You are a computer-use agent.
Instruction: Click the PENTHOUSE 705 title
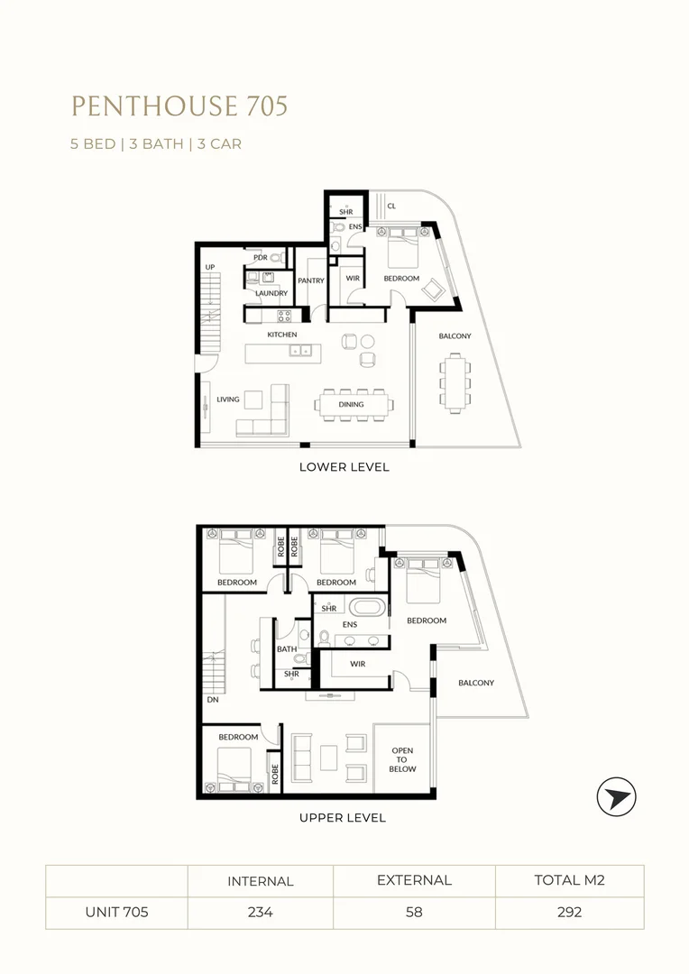tap(179, 106)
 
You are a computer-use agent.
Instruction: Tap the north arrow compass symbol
tap(617, 798)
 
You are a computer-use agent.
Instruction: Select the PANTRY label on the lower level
tap(311, 281)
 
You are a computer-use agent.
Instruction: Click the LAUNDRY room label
tap(271, 293)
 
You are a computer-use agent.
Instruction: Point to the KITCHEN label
tap(281, 335)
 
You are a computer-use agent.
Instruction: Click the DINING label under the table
tap(351, 405)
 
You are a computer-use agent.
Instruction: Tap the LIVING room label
tap(227, 400)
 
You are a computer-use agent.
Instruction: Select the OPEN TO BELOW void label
tap(402, 759)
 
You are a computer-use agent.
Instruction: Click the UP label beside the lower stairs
tap(210, 267)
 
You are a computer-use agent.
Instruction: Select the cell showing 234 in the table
tap(260, 912)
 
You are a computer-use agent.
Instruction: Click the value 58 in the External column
tap(414, 912)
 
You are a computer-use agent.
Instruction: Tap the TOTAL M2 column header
tap(569, 880)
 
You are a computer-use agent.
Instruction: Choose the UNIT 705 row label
tap(116, 912)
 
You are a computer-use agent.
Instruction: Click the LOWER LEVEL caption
tap(344, 467)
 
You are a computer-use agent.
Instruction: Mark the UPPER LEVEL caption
tap(342, 818)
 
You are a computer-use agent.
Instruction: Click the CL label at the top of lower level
tap(391, 207)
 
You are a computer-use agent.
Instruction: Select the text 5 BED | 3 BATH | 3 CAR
tap(156, 143)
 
